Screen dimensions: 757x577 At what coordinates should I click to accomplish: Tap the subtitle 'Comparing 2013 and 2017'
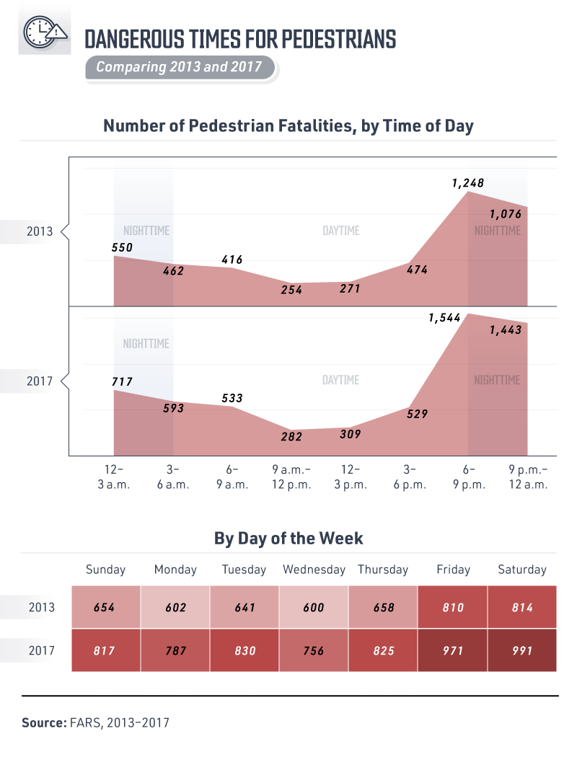[x=179, y=68]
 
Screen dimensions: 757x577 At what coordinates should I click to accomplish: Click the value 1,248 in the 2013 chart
[x=467, y=183]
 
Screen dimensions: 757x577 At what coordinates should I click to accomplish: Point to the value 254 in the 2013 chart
[x=292, y=290]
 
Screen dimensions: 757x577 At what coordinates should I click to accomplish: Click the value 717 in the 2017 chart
[x=122, y=381]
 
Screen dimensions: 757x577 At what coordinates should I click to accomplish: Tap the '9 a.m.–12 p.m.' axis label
[x=291, y=477]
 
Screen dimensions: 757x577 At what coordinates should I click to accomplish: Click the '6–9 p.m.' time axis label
[x=469, y=477]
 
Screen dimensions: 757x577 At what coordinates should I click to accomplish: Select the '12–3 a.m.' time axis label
[x=114, y=477]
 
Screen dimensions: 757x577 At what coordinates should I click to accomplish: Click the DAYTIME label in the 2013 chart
[x=340, y=231]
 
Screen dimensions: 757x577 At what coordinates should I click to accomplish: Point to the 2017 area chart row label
[x=39, y=381]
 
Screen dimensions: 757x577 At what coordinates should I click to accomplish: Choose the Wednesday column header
[x=314, y=570]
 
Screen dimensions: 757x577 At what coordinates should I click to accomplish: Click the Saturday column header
[x=522, y=570]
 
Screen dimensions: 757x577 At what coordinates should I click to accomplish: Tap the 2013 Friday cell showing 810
[x=452, y=607]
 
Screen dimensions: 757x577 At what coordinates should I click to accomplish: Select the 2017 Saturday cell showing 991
[x=522, y=650]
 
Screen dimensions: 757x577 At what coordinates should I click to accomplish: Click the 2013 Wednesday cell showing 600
[x=314, y=607]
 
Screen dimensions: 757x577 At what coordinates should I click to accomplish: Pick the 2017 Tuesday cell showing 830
[x=244, y=650]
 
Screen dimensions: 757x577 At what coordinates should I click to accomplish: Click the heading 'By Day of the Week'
[x=288, y=538]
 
